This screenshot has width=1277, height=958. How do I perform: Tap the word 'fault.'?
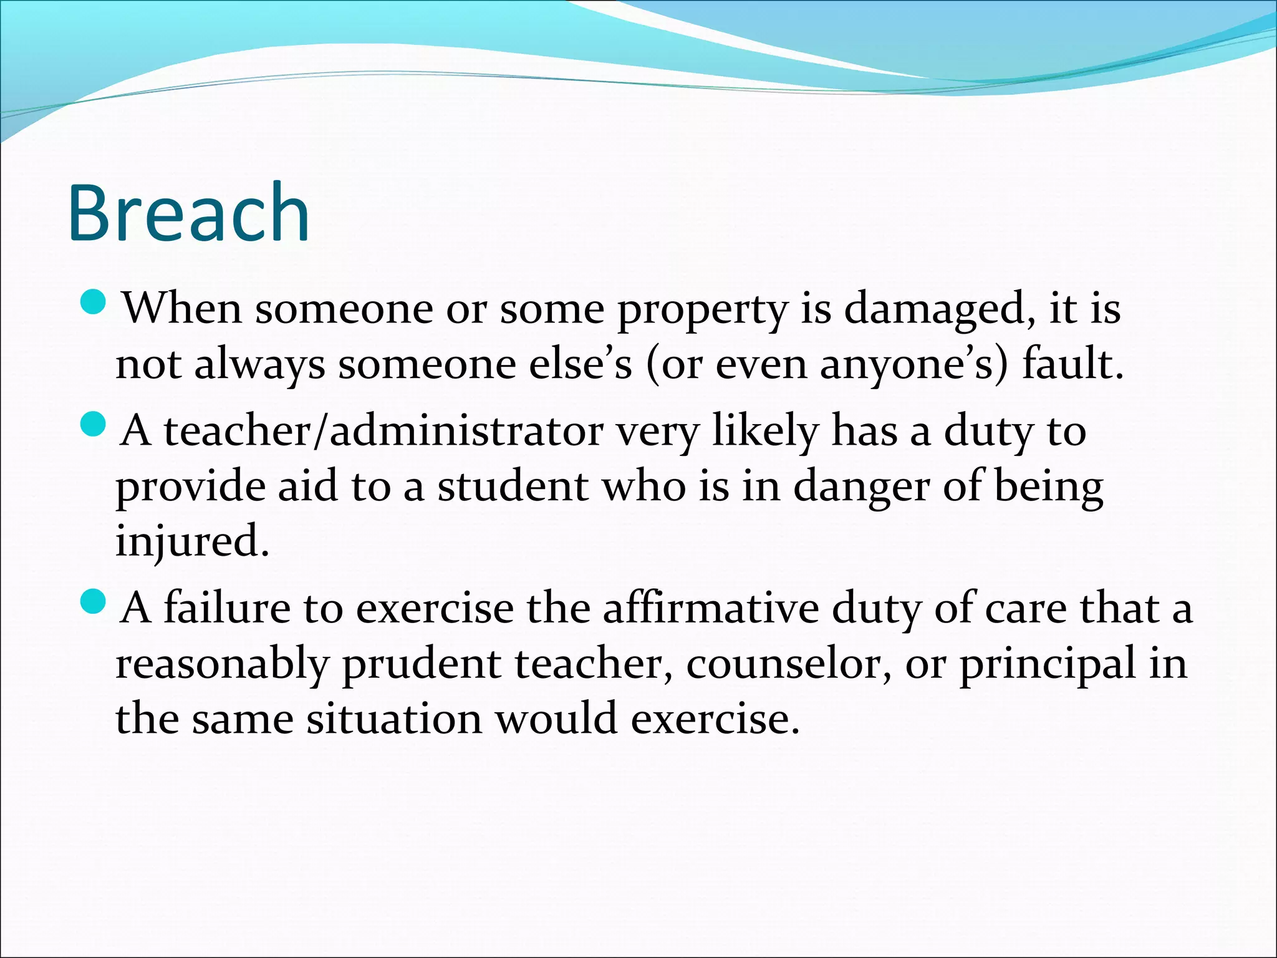(x=1072, y=363)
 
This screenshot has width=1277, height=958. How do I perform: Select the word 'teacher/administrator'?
(x=383, y=432)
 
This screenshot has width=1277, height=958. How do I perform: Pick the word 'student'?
(x=512, y=486)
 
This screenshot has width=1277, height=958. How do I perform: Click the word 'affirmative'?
(x=710, y=608)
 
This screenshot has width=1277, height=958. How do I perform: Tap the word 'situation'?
(x=394, y=718)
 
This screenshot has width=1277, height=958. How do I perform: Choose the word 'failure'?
(x=227, y=608)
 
